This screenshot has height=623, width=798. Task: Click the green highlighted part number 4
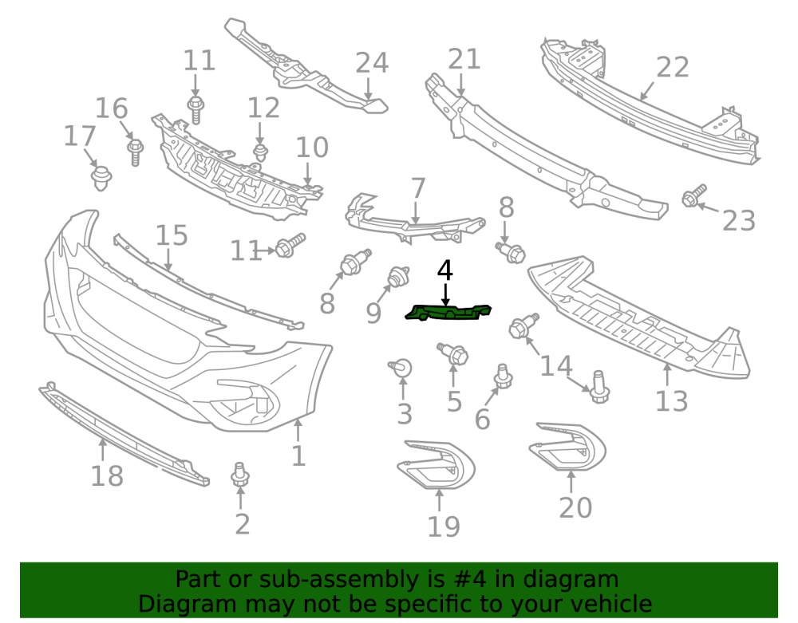pyautogui.click(x=448, y=312)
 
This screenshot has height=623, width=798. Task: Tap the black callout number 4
pyautogui.click(x=444, y=270)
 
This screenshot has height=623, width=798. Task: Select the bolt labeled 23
pyautogui.click(x=693, y=195)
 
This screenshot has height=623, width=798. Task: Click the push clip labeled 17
pyautogui.click(x=101, y=178)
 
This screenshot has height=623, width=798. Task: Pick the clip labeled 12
pyautogui.click(x=261, y=152)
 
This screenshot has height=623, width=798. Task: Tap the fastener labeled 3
pyautogui.click(x=401, y=367)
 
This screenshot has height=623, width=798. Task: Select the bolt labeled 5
pyautogui.click(x=452, y=353)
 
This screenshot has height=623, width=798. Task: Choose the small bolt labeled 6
pyautogui.click(x=503, y=377)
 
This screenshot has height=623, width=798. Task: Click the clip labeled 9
pyautogui.click(x=398, y=277)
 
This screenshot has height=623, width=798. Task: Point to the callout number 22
pyautogui.click(x=672, y=67)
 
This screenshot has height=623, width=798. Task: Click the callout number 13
pyautogui.click(x=671, y=400)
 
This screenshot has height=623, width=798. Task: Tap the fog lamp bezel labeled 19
pyautogui.click(x=437, y=464)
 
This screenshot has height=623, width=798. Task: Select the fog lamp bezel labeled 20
pyautogui.click(x=567, y=447)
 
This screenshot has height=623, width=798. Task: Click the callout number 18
pyautogui.click(x=107, y=476)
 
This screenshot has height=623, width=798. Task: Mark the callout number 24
pyautogui.click(x=372, y=63)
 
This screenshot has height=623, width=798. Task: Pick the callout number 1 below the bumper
pyautogui.click(x=298, y=455)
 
